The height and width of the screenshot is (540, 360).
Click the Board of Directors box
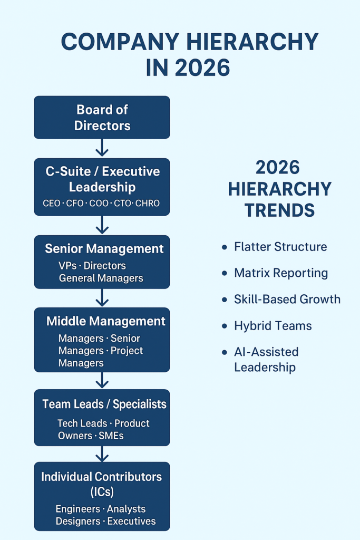(x=102, y=117)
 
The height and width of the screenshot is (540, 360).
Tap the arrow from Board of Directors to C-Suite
(x=102, y=148)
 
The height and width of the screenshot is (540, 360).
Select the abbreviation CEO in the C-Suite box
(x=52, y=203)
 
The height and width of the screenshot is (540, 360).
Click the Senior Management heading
(x=104, y=248)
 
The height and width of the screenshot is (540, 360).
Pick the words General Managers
(x=101, y=278)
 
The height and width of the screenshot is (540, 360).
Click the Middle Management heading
(x=105, y=321)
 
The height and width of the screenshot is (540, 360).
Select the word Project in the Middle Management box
(x=127, y=351)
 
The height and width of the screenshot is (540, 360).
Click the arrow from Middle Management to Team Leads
(x=102, y=380)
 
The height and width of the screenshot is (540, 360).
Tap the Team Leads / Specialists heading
(x=104, y=404)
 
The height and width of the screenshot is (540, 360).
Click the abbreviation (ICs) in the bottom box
(x=102, y=491)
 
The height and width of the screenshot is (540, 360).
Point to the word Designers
(x=79, y=521)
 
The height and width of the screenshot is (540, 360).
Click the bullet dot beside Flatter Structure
(x=225, y=247)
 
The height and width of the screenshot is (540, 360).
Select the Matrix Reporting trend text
(x=281, y=273)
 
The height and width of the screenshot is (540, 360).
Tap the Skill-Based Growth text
(x=287, y=300)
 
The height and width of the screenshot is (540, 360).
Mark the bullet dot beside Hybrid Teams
(x=225, y=326)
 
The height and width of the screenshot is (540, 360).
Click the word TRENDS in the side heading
(x=279, y=210)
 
